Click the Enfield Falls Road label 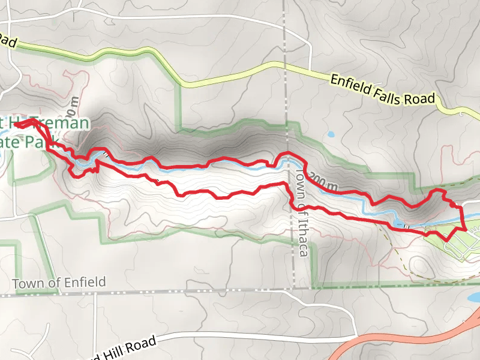pos(382,89)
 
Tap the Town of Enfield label pos(59,283)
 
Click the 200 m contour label pos(324,182)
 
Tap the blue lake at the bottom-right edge pos(474,297)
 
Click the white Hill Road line pos(240,333)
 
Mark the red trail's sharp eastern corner pos(466,229)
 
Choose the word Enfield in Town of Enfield pos(85,282)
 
